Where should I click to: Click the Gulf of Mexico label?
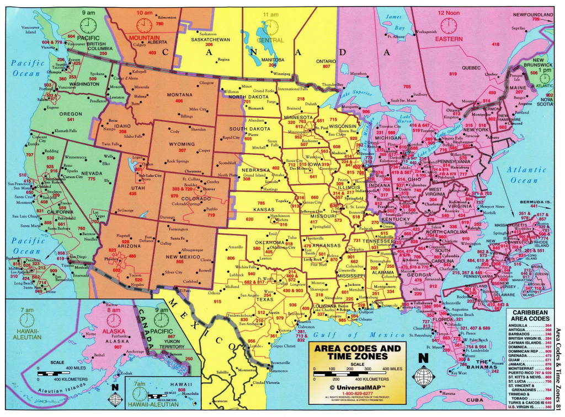(x=351, y=334)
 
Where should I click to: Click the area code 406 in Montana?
(x=178, y=101)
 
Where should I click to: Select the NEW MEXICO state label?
(x=179, y=257)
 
